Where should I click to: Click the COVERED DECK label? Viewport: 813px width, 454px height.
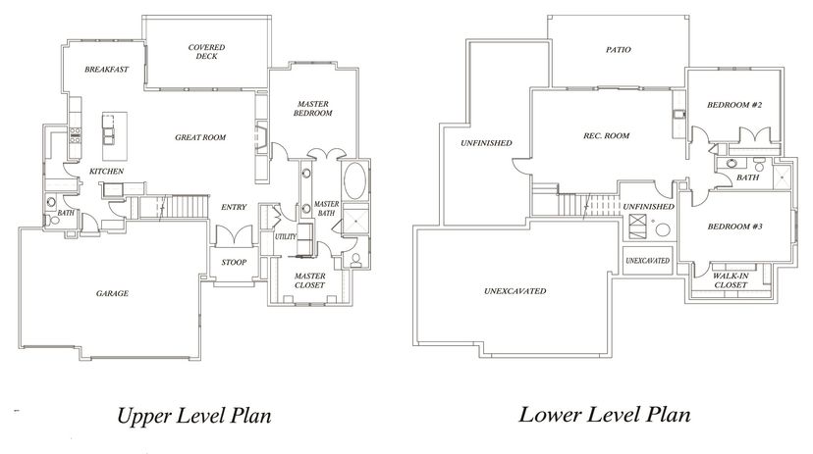point(206,52)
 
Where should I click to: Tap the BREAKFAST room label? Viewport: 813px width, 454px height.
point(106,70)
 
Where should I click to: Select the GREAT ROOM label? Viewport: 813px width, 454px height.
point(200,137)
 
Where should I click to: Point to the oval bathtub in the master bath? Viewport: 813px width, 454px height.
point(354,181)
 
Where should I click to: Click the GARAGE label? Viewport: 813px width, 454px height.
point(112,293)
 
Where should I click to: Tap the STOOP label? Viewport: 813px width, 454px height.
point(234,263)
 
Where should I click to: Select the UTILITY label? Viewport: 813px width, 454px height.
point(285,236)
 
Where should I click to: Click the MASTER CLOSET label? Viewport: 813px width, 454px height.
point(309,280)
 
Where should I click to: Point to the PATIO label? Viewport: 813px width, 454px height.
point(618,50)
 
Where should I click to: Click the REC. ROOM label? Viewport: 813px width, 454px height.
point(606,135)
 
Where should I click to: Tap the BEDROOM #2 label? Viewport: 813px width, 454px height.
point(734,105)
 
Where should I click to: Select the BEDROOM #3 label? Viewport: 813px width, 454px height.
point(734,227)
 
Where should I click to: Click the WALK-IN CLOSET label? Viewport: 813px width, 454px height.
point(731,280)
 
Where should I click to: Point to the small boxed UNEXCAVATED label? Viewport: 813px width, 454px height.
point(648,261)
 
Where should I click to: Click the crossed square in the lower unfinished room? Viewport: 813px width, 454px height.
point(638,227)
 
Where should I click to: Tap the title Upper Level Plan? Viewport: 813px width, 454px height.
point(193,416)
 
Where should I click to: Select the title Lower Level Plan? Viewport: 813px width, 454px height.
point(605,415)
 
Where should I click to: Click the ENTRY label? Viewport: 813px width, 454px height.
point(234,207)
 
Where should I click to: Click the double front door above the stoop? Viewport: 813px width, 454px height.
point(234,235)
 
